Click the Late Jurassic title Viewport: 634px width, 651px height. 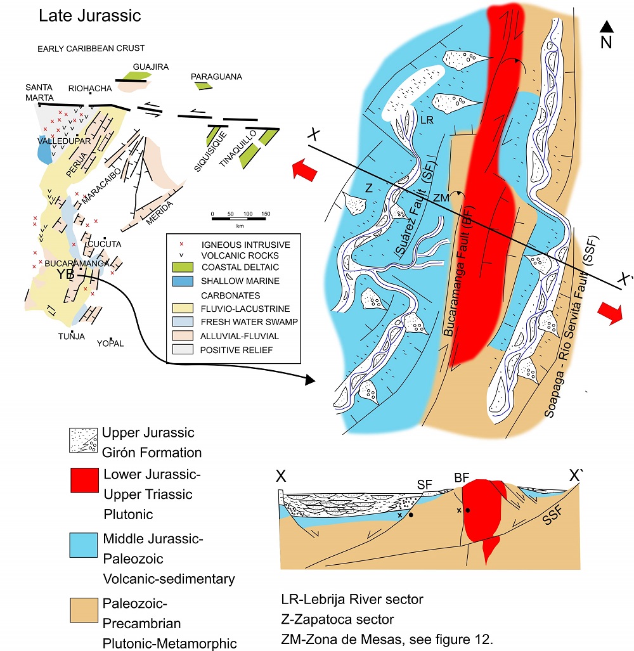pos(89,16)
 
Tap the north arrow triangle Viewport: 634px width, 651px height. pos(607,27)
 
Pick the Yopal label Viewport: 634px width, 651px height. pos(110,344)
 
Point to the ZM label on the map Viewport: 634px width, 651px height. pos(443,198)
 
